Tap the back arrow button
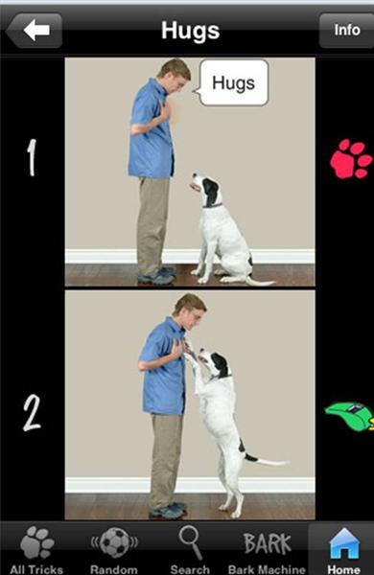35,31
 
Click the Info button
346,30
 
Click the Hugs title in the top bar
191,31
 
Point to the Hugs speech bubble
232,82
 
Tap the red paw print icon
351,159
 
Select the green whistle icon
349,416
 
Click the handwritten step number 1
32,157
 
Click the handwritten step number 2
32,413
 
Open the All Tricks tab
36,549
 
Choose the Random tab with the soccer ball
114,549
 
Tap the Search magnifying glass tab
190,549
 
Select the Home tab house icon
344,549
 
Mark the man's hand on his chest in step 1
165,109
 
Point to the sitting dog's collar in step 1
213,205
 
